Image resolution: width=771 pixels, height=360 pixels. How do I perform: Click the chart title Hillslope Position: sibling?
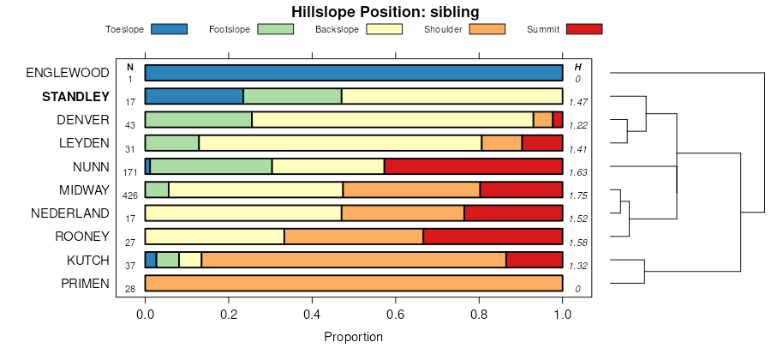coord(385,12)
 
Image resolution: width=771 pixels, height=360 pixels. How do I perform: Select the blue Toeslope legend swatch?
coord(169,29)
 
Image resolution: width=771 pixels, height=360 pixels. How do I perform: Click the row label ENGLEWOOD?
coord(68,73)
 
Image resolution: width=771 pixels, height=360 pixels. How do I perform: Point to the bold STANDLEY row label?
coord(76,96)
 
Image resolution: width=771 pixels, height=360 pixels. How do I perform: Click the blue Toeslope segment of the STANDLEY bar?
coord(194,96)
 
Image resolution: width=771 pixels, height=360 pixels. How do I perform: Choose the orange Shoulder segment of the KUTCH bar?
coord(354,260)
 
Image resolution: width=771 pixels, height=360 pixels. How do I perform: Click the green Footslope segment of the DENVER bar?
coord(198,119)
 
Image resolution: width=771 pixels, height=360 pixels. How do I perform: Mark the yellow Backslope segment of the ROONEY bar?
coord(214,237)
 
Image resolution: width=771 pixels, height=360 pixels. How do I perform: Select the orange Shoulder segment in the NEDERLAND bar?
coord(403,213)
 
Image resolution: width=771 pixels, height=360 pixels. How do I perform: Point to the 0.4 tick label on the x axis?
coord(312,315)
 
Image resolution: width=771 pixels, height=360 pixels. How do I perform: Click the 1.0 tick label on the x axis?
coord(562,315)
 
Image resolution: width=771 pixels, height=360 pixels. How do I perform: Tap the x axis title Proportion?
coord(353,337)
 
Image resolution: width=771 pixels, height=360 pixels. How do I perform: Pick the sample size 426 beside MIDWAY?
coord(130,195)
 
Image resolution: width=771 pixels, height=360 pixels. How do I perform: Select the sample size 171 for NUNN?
coord(130,172)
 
